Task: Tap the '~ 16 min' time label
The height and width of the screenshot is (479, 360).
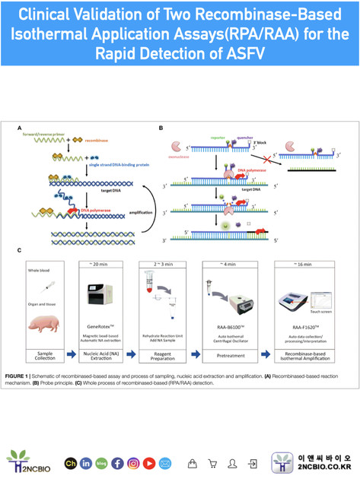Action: coord(312,264)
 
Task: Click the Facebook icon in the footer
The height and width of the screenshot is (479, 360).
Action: coord(117,462)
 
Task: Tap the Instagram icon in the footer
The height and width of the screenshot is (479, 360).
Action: coord(133,462)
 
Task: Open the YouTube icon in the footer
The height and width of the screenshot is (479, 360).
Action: coord(149,462)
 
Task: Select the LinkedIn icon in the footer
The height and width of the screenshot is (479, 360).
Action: coord(84,462)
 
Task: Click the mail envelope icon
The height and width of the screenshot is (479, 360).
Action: coord(165,462)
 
